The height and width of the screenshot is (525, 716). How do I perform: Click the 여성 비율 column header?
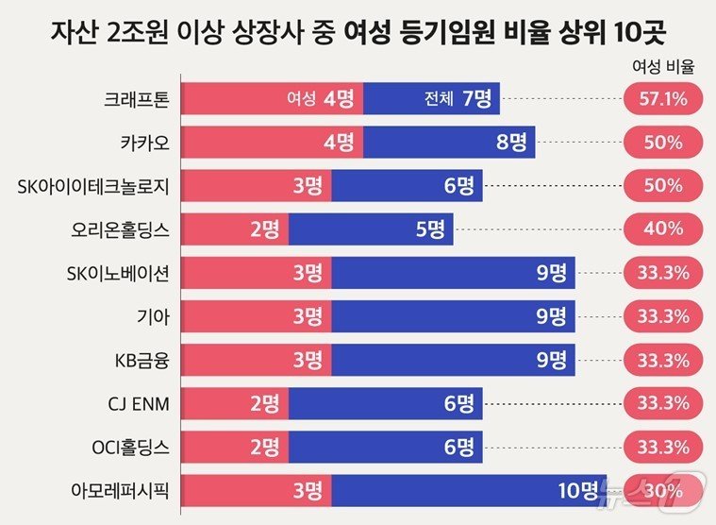pyautogui.click(x=661, y=67)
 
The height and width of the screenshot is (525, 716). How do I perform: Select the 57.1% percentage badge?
pyautogui.click(x=661, y=99)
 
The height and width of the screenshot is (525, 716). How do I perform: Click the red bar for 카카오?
pyautogui.click(x=272, y=143)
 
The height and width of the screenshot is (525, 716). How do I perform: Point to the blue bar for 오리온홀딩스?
pyautogui.click(x=371, y=229)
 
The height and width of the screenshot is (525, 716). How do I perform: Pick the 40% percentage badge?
pyautogui.click(x=661, y=229)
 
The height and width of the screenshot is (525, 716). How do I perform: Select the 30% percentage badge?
pyautogui.click(x=661, y=489)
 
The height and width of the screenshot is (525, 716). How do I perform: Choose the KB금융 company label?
pyautogui.click(x=140, y=359)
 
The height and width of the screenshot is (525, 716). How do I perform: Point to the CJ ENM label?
pyautogui.click(x=138, y=402)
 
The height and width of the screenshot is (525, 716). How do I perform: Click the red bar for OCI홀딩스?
pyautogui.click(x=234, y=446)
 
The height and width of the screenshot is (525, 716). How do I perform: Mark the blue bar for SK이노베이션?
pyautogui.click(x=453, y=272)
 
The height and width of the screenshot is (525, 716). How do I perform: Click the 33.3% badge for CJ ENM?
pyautogui.click(x=661, y=402)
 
